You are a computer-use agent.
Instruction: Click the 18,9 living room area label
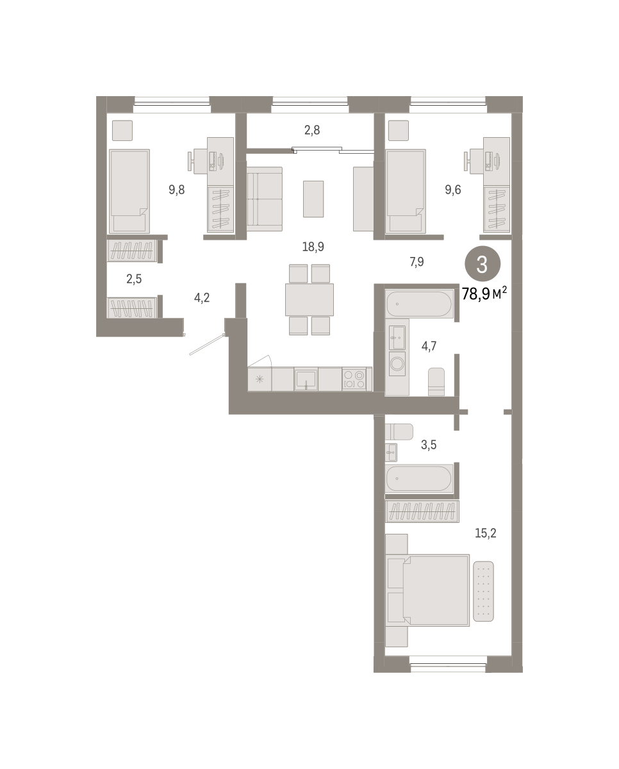[x=313, y=247]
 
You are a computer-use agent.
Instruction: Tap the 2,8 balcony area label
[x=312, y=131]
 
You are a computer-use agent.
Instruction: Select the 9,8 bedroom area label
[x=177, y=190]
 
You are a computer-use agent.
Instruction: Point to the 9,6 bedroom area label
[x=453, y=190]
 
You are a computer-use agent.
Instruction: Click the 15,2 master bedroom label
[x=485, y=533]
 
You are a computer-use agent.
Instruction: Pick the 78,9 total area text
[x=475, y=294]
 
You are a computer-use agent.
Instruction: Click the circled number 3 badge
[x=483, y=264]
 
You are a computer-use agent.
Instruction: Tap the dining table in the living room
[x=309, y=300]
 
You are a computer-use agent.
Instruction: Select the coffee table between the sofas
[x=313, y=199]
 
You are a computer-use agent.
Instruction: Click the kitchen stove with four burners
[x=354, y=379]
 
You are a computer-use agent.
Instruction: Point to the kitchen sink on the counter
[x=306, y=379]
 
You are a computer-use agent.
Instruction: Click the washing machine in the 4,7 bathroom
[x=397, y=364]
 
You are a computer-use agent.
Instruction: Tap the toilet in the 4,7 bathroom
[x=436, y=382]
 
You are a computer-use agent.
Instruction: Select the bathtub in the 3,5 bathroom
[x=419, y=479]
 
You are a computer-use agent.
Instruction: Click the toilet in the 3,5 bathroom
[x=399, y=432]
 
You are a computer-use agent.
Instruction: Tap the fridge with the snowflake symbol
[x=260, y=379]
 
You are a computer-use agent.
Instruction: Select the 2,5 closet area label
[x=134, y=279]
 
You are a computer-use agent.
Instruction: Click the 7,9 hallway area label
[x=417, y=262]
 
